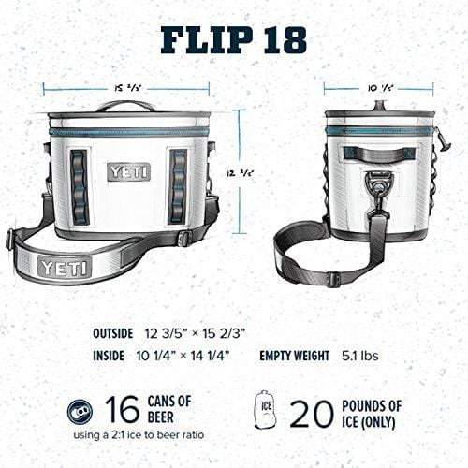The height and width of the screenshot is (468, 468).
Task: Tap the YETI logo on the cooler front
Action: [x=128, y=171]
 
